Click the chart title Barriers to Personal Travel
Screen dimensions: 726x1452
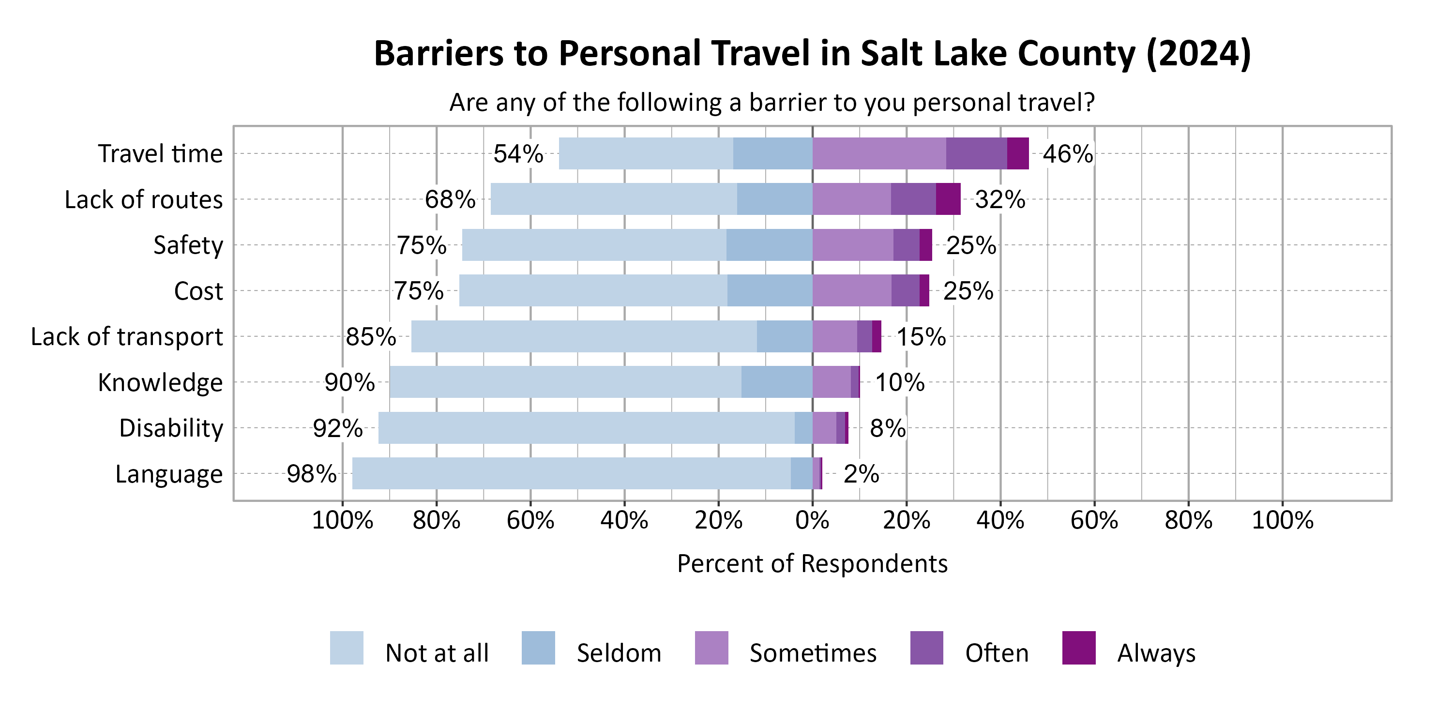pyautogui.click(x=812, y=54)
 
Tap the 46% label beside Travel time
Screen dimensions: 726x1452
pyautogui.click(x=1067, y=154)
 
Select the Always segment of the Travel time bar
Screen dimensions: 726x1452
pyautogui.click(x=1017, y=153)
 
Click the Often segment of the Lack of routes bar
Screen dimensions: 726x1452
pyautogui.click(x=913, y=199)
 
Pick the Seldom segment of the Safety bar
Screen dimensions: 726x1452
pyautogui.click(x=769, y=244)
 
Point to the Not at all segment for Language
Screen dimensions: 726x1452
pyautogui.click(x=571, y=473)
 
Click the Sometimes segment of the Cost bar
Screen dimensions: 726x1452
pyautogui.click(x=852, y=291)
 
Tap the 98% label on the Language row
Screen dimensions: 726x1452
pyautogui.click(x=311, y=473)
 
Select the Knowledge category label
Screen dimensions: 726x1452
pyautogui.click(x=160, y=383)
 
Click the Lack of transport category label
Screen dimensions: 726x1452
pyautogui.click(x=127, y=336)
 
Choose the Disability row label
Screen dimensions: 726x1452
pyautogui.click(x=171, y=428)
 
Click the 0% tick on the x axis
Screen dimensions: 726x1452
pyautogui.click(x=812, y=520)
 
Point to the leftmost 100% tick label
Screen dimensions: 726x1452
pyautogui.click(x=342, y=520)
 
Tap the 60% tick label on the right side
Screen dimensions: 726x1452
pyautogui.click(x=1094, y=520)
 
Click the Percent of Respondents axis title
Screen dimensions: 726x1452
pyautogui.click(x=812, y=564)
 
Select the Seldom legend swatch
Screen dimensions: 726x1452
pyautogui.click(x=538, y=648)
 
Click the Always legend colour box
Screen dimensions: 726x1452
pyautogui.click(x=1078, y=648)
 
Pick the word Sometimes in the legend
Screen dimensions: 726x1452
pyautogui.click(x=813, y=653)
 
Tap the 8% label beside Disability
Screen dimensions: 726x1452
pyautogui.click(x=887, y=428)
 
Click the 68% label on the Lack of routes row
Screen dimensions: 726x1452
pyautogui.click(x=450, y=199)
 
